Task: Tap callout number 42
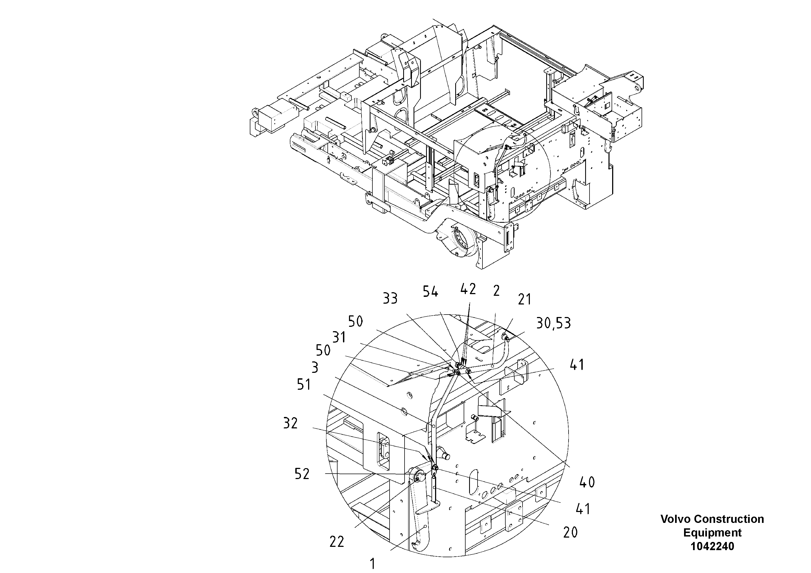(x=468, y=289)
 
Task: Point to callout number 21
(x=524, y=299)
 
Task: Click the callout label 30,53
(x=553, y=323)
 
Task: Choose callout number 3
(x=314, y=368)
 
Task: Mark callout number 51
(x=304, y=385)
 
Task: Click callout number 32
(x=290, y=423)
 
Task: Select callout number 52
(x=302, y=474)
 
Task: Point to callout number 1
(x=372, y=563)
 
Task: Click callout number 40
(x=587, y=482)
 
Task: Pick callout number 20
(x=570, y=532)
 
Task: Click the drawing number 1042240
(x=712, y=546)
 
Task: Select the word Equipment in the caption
(x=712, y=532)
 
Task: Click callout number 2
(x=496, y=291)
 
